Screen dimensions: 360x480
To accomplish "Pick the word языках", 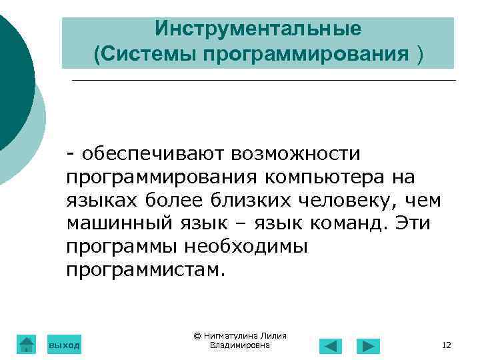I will (100, 201).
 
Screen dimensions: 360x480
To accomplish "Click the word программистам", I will (147, 269).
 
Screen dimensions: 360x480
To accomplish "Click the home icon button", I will (26, 344).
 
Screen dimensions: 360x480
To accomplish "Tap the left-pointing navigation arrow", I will (331, 346).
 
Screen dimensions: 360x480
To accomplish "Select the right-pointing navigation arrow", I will (368, 346).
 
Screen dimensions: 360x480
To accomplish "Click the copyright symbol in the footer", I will (197, 336).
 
